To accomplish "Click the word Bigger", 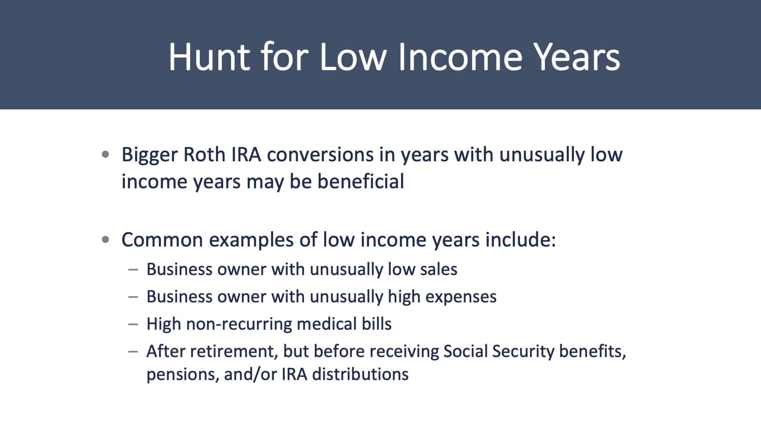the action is coord(149,155).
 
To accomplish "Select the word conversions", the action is coord(320,155).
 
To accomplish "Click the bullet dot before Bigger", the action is coord(105,155).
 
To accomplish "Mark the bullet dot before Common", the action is coord(105,240).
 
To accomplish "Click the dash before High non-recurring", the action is coord(133,324).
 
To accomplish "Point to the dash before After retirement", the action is coord(133,351).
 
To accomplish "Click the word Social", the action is coord(465,351).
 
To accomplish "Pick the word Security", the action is coord(523,352).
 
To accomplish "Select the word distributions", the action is coord(360,374).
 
